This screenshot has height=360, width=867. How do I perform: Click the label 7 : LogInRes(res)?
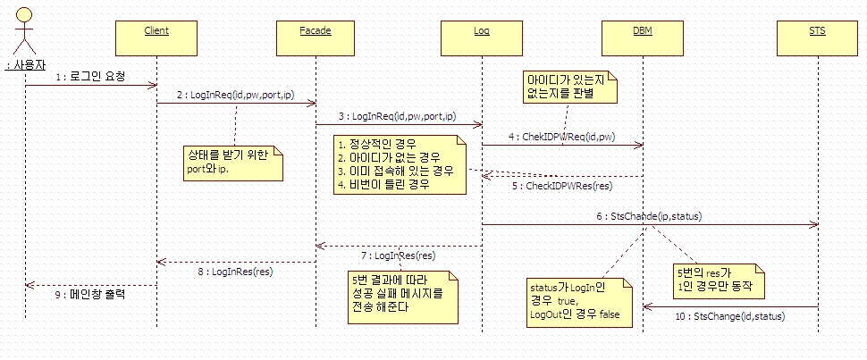tap(400, 255)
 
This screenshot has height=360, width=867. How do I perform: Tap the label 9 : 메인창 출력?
tap(90, 292)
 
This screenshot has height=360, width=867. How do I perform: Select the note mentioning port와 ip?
tap(231, 163)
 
